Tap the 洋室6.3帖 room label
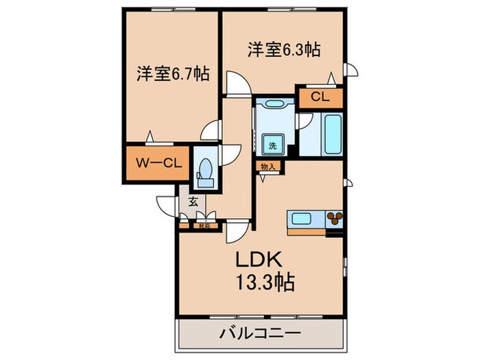point(285,50)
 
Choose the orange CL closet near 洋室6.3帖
point(320,97)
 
